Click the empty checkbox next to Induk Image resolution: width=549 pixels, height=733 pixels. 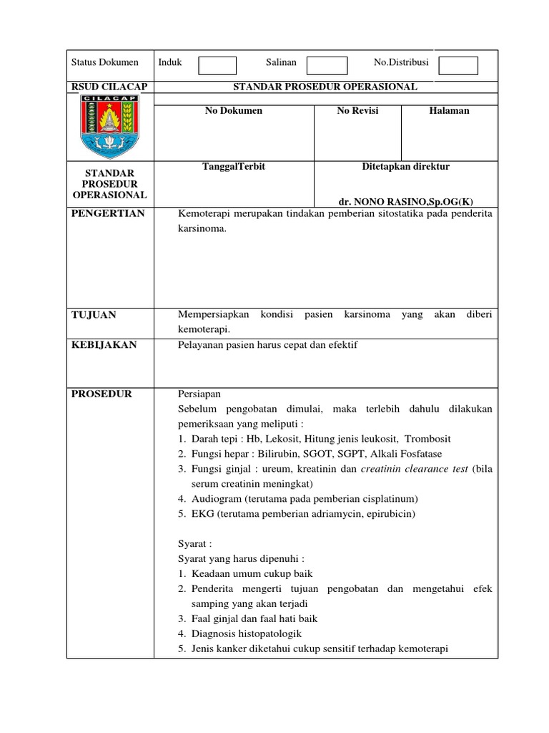(x=217, y=66)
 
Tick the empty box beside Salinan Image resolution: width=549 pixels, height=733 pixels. (x=327, y=66)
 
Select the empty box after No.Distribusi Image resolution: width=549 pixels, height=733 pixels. (x=457, y=66)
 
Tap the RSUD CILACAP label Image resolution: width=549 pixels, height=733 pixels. (x=109, y=87)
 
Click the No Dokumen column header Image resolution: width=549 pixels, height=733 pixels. (x=234, y=111)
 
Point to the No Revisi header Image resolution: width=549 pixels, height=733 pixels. (x=357, y=111)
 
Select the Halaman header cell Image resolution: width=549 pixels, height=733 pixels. (x=449, y=111)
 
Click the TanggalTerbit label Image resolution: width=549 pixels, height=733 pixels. (x=234, y=167)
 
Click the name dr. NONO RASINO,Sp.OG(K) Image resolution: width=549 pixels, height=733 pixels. (x=405, y=202)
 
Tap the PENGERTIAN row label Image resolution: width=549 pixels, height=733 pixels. (x=107, y=214)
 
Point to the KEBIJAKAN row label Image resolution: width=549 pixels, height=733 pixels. (x=104, y=345)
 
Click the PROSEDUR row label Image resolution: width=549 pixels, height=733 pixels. (x=102, y=394)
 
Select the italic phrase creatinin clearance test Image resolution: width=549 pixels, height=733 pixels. (x=415, y=469)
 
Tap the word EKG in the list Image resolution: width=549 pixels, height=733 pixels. (x=202, y=514)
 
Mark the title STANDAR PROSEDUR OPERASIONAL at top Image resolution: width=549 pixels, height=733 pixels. (x=325, y=87)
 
